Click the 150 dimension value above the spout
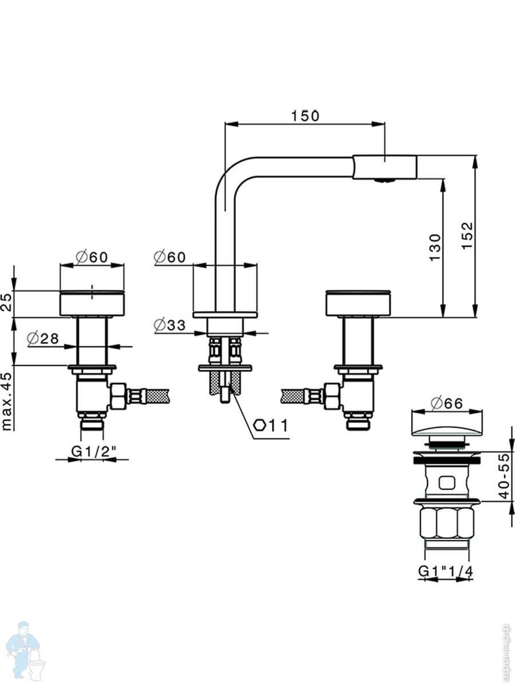click(x=304, y=116)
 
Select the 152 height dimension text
click(x=468, y=235)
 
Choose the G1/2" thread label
click(x=94, y=451)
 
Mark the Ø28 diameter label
click(x=43, y=338)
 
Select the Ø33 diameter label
click(x=170, y=325)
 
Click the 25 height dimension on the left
click(x=7, y=302)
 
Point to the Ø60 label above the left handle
click(x=92, y=258)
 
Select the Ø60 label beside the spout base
click(x=170, y=258)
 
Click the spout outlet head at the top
click(x=385, y=167)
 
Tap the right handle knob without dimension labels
click(x=358, y=303)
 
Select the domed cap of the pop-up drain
click(x=446, y=424)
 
